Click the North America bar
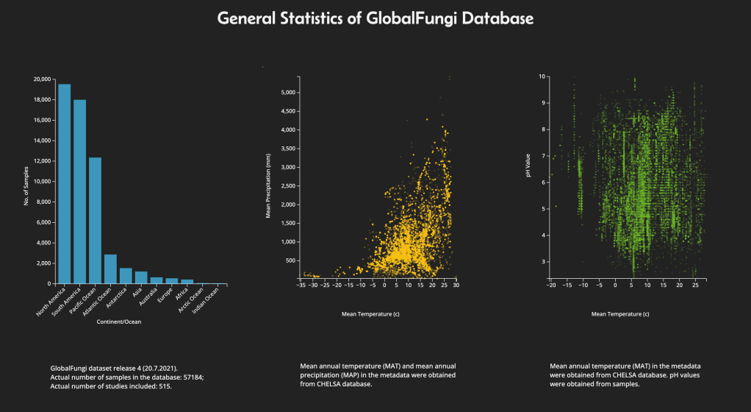(65, 184)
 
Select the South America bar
(80, 191)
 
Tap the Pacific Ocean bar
(95, 221)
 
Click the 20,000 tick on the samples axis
(42, 79)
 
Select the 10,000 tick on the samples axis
(42, 181)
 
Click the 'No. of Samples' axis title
(26, 184)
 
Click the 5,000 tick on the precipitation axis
(287, 92)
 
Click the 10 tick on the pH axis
(542, 76)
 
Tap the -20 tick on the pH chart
(551, 287)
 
